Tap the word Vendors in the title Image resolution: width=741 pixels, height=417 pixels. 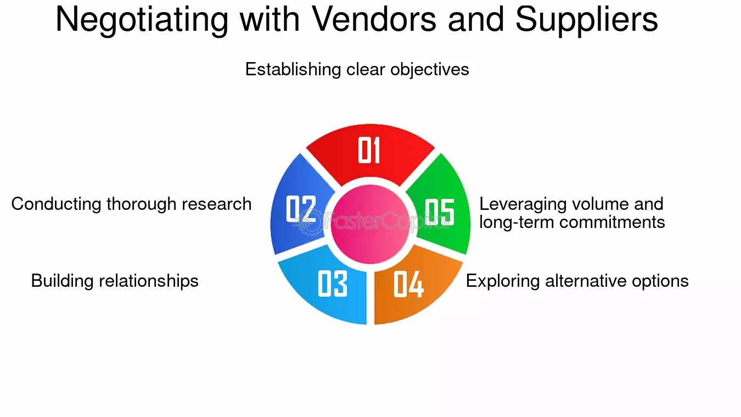(x=374, y=19)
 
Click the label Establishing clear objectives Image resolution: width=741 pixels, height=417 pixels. (x=357, y=70)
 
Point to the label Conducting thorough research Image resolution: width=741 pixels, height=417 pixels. (x=131, y=204)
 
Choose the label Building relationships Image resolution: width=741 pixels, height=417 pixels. (x=115, y=281)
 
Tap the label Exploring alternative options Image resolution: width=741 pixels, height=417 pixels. (x=577, y=281)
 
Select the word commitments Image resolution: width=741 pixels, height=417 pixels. (x=612, y=223)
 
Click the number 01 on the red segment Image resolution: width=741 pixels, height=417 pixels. (x=369, y=150)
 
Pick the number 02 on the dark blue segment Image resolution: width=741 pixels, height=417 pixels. (x=301, y=209)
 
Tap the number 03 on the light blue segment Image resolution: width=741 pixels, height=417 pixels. (x=333, y=283)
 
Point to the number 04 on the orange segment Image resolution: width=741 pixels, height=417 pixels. (x=408, y=284)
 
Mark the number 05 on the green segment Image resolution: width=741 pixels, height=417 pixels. (x=440, y=212)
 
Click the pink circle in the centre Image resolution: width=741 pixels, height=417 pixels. (x=370, y=224)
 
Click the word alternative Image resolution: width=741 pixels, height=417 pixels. (x=586, y=281)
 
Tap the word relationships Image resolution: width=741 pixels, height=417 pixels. (x=149, y=281)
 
